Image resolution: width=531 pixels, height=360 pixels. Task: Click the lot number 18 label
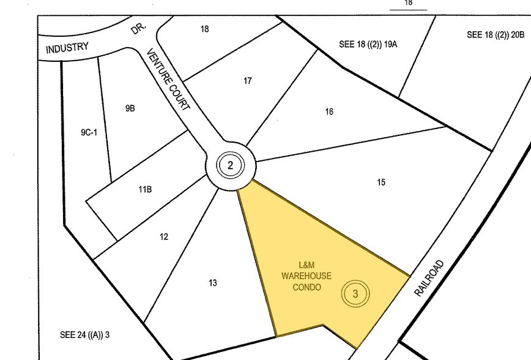(204, 29)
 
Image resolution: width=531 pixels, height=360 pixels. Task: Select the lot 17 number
(247, 81)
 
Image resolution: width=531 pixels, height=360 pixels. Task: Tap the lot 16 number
(329, 111)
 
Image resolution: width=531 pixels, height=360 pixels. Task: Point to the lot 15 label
(381, 182)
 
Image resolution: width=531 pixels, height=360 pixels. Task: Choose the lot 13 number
(212, 283)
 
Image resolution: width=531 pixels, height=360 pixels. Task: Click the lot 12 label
(164, 237)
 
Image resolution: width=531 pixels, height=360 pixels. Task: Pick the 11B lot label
(144, 190)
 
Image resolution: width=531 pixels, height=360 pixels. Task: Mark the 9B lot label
(130, 108)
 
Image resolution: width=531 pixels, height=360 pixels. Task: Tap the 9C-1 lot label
(89, 131)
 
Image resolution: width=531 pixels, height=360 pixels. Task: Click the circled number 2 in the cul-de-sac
(230, 165)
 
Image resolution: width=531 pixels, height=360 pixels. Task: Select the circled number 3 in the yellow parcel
(355, 293)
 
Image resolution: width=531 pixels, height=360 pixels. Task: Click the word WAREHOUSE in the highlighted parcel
(306, 276)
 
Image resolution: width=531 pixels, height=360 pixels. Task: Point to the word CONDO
(306, 287)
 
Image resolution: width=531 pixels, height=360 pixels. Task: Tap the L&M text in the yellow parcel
(306, 265)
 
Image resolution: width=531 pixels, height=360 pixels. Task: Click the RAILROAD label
(429, 279)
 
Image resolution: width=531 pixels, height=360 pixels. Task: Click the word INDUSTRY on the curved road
(67, 48)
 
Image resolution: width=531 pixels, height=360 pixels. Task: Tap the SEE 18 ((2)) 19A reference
(368, 44)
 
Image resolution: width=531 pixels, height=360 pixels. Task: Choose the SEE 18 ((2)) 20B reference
(496, 35)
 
